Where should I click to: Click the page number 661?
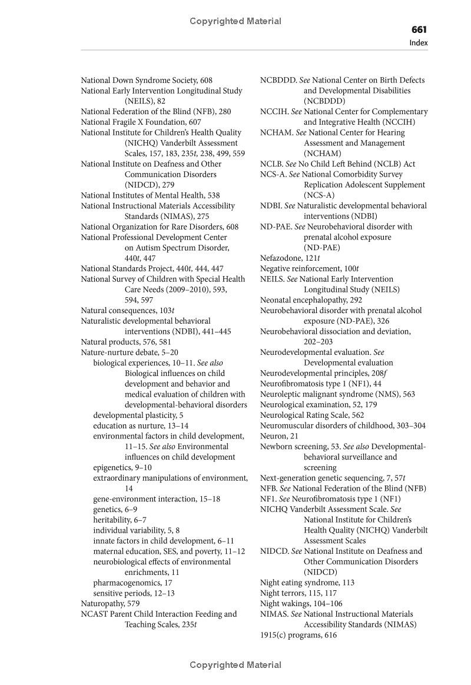click(419, 29)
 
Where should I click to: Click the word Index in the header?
click(419, 42)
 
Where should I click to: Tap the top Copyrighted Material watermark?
click(235, 21)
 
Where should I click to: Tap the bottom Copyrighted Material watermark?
click(235, 665)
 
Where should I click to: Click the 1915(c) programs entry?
click(298, 635)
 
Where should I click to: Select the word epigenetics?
click(113, 467)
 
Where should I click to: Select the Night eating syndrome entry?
click(307, 583)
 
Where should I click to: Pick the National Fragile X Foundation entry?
click(141, 122)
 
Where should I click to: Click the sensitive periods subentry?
click(134, 593)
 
